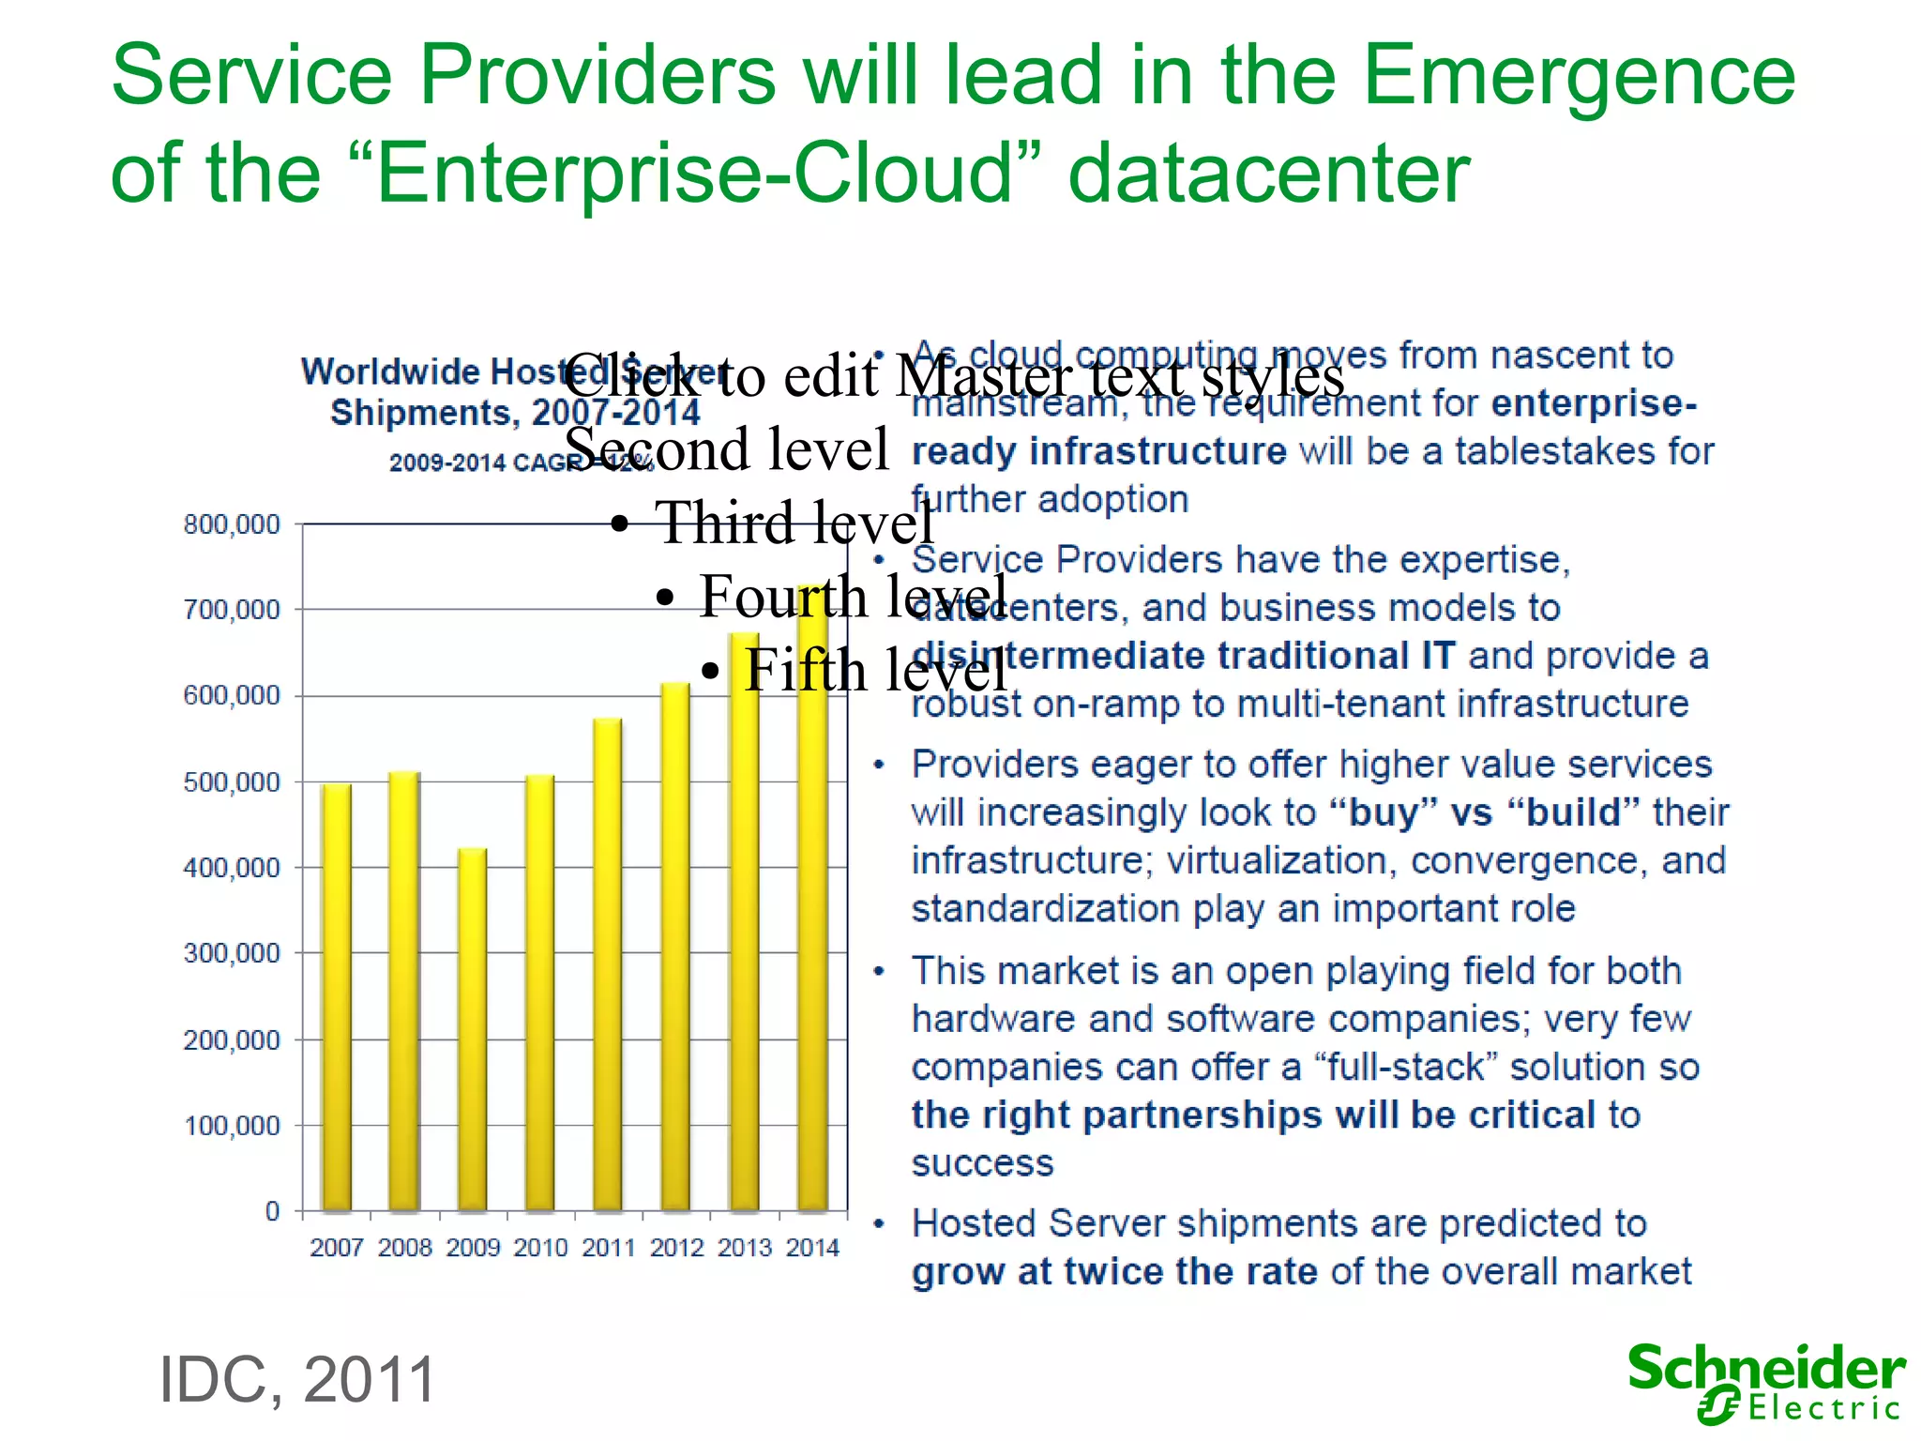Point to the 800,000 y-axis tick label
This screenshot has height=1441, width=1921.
click(232, 524)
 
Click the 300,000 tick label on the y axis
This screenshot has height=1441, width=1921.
click(232, 953)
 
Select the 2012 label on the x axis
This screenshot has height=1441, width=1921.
click(676, 1248)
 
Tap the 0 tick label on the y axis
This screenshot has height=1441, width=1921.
click(272, 1211)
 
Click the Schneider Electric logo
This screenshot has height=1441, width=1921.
click(1766, 1383)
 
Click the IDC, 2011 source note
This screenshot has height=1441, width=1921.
click(297, 1380)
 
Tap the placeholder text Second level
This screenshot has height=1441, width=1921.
click(726, 448)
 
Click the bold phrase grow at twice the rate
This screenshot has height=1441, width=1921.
click(1114, 1272)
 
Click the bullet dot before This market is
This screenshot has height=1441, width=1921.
click(879, 972)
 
